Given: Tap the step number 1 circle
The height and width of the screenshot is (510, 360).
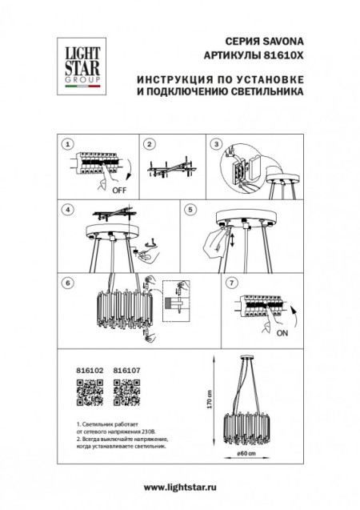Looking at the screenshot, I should click(x=69, y=144).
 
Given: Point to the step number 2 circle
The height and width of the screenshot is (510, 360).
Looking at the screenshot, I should click(x=148, y=144).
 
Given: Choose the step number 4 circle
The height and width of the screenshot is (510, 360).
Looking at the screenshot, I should click(x=69, y=210).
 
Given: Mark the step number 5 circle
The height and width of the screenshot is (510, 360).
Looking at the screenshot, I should click(x=190, y=210).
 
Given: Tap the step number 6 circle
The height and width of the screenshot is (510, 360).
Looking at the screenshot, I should click(x=69, y=282).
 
